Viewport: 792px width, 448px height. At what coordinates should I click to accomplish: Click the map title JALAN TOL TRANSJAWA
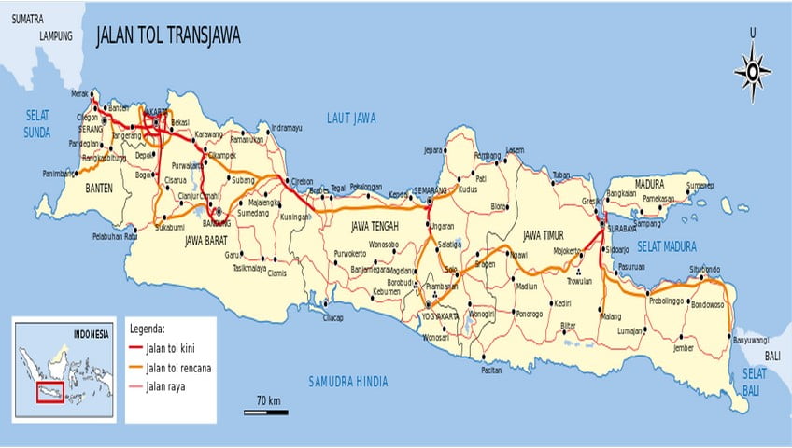168,35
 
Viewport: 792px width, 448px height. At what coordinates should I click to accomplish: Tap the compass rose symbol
752,71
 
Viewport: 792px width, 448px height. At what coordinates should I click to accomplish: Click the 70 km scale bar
266,410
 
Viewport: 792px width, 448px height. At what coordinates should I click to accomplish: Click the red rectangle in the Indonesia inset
49,392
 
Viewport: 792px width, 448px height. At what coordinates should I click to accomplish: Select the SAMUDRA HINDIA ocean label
347,381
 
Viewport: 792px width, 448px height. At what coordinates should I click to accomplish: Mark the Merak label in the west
82,93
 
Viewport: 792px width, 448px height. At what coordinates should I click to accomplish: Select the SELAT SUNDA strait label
37,124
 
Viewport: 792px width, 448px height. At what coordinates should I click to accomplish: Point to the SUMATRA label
29,17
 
